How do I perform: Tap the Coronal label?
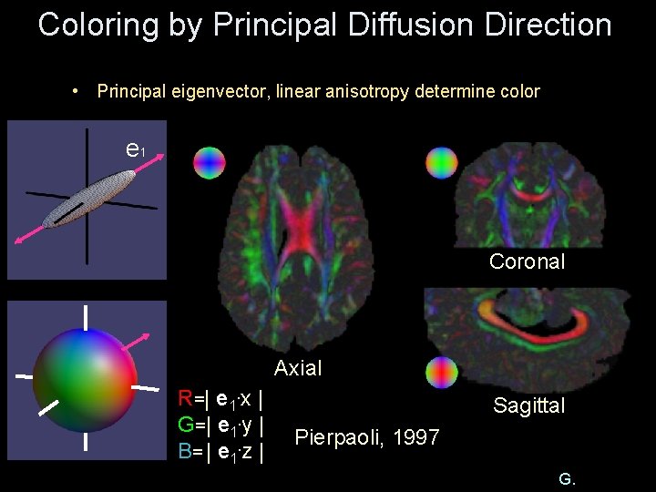tap(527, 261)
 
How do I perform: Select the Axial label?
tap(298, 368)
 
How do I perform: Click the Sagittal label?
tap(528, 405)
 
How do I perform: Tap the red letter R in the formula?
tap(186, 398)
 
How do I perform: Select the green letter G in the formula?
tap(186, 425)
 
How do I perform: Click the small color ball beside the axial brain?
tap(209, 162)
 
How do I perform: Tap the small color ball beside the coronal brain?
tap(443, 162)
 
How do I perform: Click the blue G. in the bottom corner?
tap(566, 478)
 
